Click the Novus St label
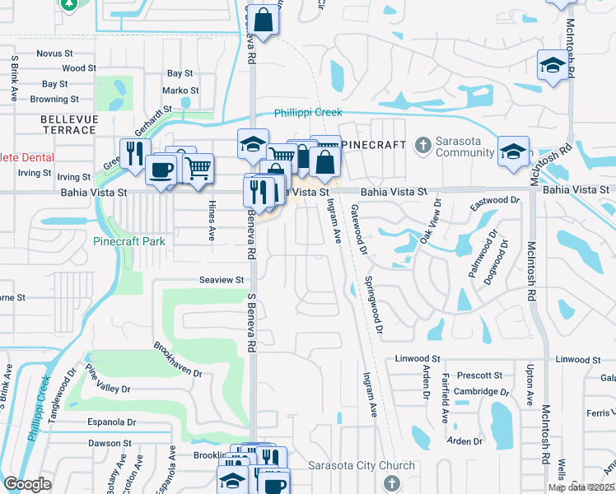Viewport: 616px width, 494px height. pyautogui.click(x=55, y=53)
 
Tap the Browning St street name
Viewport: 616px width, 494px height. pyautogui.click(x=54, y=100)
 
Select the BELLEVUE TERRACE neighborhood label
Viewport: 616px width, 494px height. pyautogui.click(x=68, y=125)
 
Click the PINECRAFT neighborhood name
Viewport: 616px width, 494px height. pyautogui.click(x=373, y=145)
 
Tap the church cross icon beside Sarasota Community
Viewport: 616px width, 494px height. pyautogui.click(x=422, y=146)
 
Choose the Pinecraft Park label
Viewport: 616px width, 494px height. pyautogui.click(x=128, y=241)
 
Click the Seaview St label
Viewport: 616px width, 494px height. pyautogui.click(x=222, y=280)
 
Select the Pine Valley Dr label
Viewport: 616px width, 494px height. pyautogui.click(x=108, y=380)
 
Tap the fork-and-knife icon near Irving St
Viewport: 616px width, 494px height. pyautogui.click(x=133, y=153)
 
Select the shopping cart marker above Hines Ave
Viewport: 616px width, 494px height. pyautogui.click(x=198, y=169)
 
